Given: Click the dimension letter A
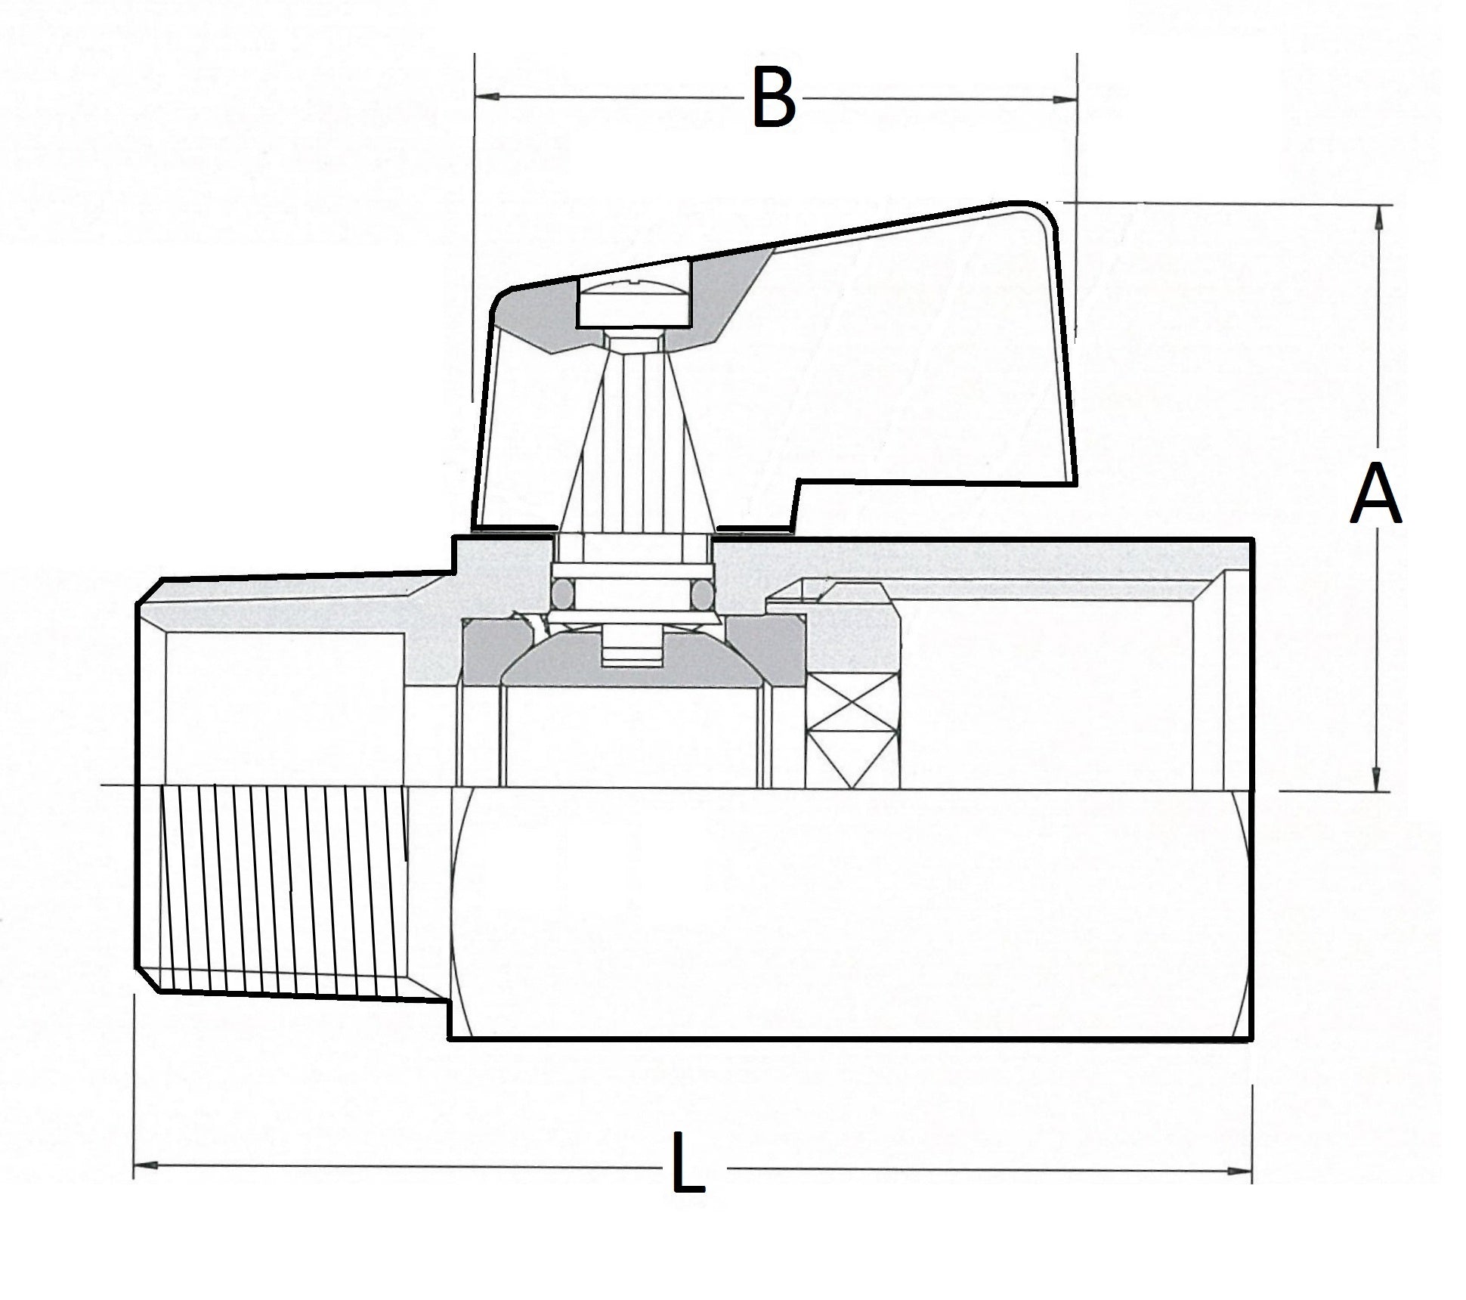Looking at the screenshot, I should point(1375,495).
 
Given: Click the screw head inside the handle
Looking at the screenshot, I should point(635,303).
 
